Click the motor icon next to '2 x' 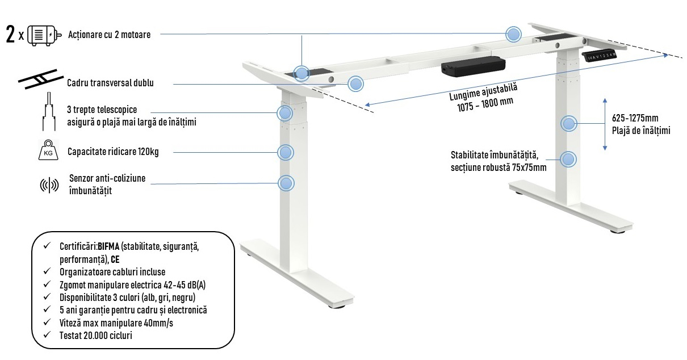click(44, 35)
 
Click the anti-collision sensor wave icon click(49, 185)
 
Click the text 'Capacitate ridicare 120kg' click(112, 152)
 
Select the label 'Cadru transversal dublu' click(110, 83)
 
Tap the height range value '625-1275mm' click(635, 118)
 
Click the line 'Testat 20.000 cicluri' click(97, 336)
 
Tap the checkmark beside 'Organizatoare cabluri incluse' click(47, 272)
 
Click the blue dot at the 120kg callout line click(285, 152)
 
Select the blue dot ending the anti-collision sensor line click(286, 183)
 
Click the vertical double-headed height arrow click(605, 124)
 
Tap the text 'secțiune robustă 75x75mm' click(499, 168)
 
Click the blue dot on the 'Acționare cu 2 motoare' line click(513, 35)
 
